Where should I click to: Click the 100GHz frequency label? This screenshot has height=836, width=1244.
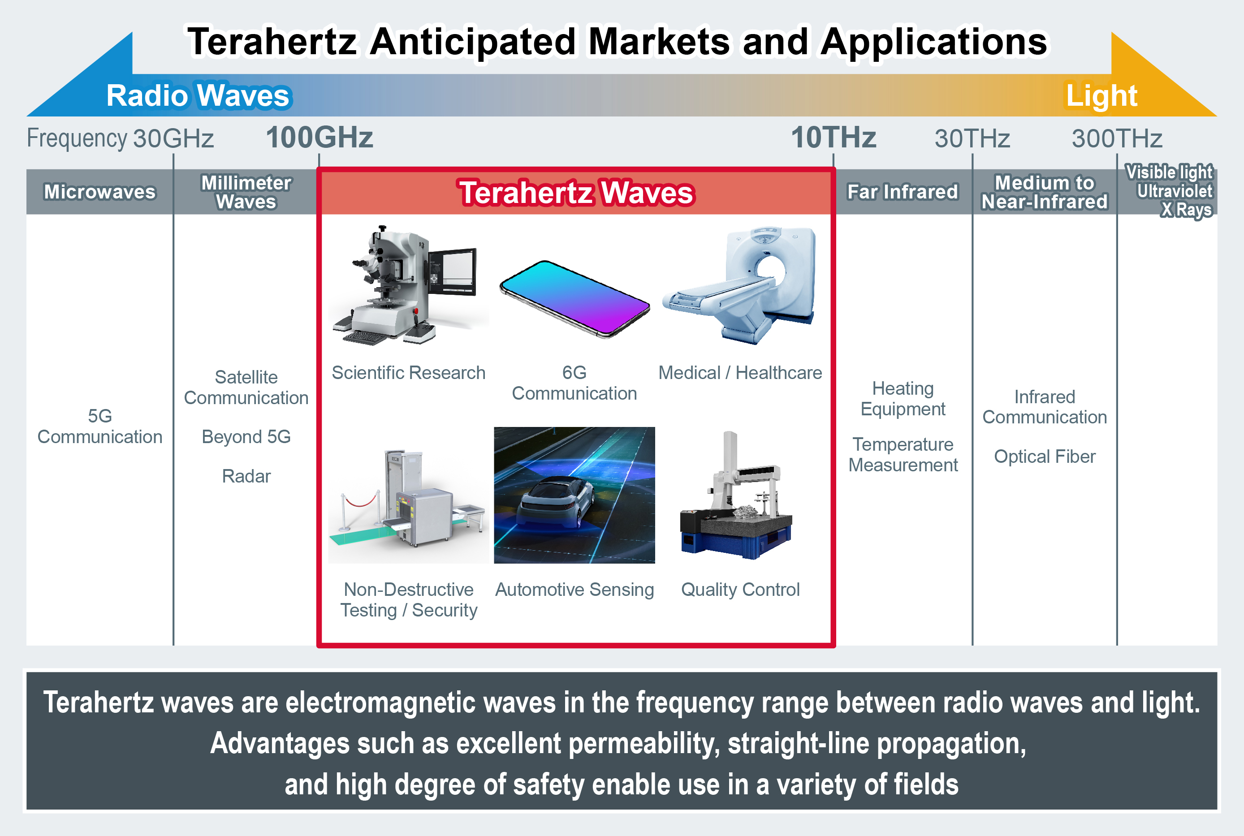pos(320,138)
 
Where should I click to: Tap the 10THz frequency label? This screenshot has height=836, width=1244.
pos(834,138)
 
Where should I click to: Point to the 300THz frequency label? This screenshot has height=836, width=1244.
pos(1117,138)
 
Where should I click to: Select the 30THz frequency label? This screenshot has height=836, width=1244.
pos(972,138)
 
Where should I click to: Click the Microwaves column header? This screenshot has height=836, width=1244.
pos(100,192)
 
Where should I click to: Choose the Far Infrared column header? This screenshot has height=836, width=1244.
pos(903,192)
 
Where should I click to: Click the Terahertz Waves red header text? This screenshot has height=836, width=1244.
pos(576,193)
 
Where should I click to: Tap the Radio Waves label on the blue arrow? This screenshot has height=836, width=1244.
pos(198,96)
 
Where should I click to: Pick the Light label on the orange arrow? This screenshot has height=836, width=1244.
pos(1101,96)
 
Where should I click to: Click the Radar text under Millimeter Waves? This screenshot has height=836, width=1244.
pos(246,476)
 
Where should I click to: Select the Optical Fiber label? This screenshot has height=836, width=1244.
pos(1045,457)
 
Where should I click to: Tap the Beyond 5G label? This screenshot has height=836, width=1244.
pos(246,437)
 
